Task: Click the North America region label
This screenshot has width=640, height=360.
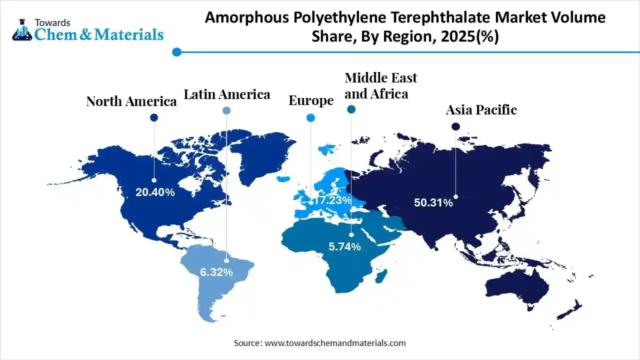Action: coord(131,101)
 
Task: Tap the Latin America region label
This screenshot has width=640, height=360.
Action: coord(226,94)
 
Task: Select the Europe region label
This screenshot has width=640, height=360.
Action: coord(311,100)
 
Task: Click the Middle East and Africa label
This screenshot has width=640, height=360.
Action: coord(380,85)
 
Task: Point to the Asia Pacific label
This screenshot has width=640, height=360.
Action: coord(481,110)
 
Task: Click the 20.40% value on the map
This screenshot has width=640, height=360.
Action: coord(155,192)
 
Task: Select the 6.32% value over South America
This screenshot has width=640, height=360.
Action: coord(216,272)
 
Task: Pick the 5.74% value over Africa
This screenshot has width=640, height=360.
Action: coord(344,246)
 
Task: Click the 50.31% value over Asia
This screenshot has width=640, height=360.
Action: coord(433,202)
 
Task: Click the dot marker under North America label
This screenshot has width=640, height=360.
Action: coord(154,117)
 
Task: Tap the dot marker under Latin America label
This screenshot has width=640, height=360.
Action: coord(226,110)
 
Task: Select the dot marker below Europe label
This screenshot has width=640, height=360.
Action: coord(310,118)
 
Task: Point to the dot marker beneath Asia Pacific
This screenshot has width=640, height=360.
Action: coord(455,127)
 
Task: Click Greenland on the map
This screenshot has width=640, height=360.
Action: coord(260,155)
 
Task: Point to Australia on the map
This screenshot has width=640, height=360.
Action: coord(515,287)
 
